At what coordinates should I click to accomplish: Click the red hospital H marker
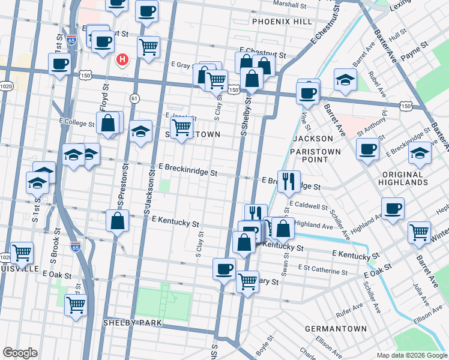(x=123, y=59)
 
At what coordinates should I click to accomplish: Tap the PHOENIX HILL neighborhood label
(x=282, y=22)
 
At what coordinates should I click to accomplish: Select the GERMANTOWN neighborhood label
(x=336, y=329)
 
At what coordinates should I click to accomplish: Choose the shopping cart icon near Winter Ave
(x=419, y=232)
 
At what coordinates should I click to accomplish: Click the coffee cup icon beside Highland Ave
(x=393, y=209)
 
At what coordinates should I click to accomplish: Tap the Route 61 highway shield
(x=134, y=97)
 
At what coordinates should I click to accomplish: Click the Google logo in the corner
(x=20, y=353)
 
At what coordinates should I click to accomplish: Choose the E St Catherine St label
(x=322, y=271)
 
